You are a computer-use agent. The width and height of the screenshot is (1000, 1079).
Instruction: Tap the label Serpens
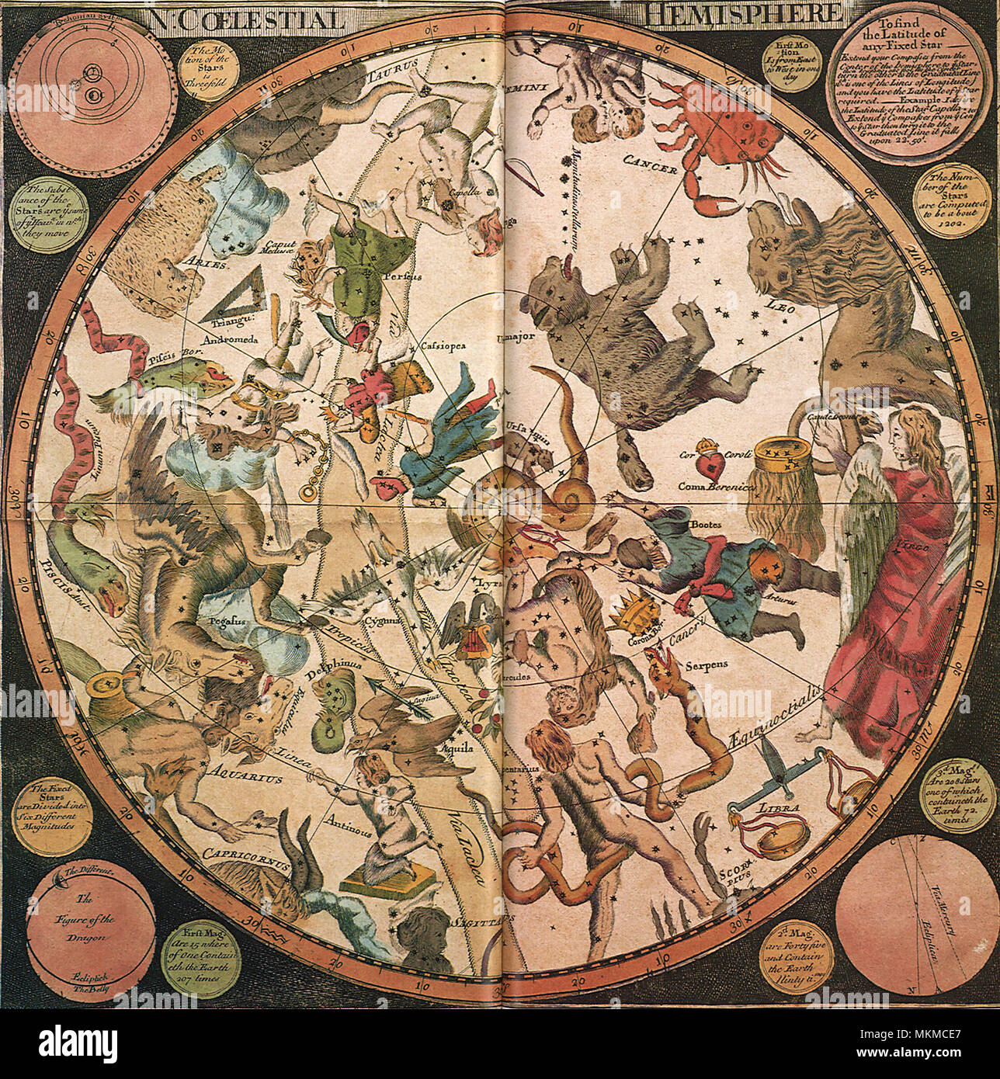pos(703,665)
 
